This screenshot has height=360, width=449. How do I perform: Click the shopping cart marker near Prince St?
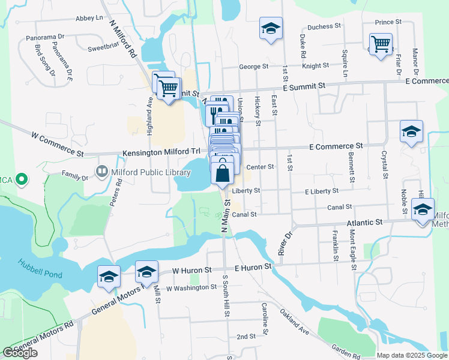(x=381, y=44)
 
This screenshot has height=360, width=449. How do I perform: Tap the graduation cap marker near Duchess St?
(x=271, y=28)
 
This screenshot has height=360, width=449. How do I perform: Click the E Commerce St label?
(x=336, y=146)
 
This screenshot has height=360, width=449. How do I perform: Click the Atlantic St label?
(x=365, y=223)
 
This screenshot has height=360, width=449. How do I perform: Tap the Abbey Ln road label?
(x=89, y=19)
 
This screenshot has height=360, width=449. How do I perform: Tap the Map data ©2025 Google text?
(x=412, y=355)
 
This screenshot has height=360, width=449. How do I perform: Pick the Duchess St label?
(x=324, y=26)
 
